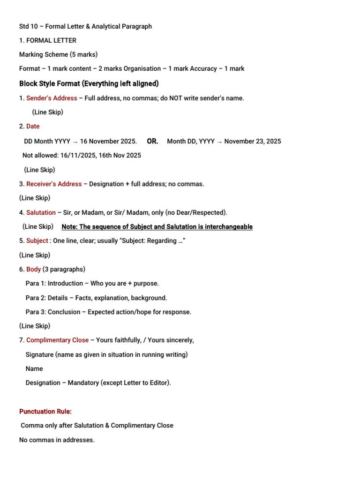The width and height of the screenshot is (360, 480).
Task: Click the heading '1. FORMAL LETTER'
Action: coord(48,40)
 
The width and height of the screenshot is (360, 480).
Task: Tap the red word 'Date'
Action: coord(33,126)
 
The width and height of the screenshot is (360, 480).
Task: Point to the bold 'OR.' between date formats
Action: coord(152,141)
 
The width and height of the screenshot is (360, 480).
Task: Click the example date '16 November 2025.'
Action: coord(109,141)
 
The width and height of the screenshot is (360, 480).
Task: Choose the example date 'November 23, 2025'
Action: coord(253,141)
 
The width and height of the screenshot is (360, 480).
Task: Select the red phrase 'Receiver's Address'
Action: coord(54,184)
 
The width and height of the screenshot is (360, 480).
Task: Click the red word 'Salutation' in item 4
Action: coord(41,212)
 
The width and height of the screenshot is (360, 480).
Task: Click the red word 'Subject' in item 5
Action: coord(37,240)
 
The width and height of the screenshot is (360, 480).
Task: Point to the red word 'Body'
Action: coord(33,269)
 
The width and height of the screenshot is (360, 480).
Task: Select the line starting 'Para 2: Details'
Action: coord(96,298)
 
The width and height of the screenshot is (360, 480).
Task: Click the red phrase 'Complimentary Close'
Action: coord(57,340)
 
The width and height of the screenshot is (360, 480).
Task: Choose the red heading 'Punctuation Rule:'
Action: coord(45,412)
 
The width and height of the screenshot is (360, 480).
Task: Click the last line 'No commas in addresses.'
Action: coord(57,440)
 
